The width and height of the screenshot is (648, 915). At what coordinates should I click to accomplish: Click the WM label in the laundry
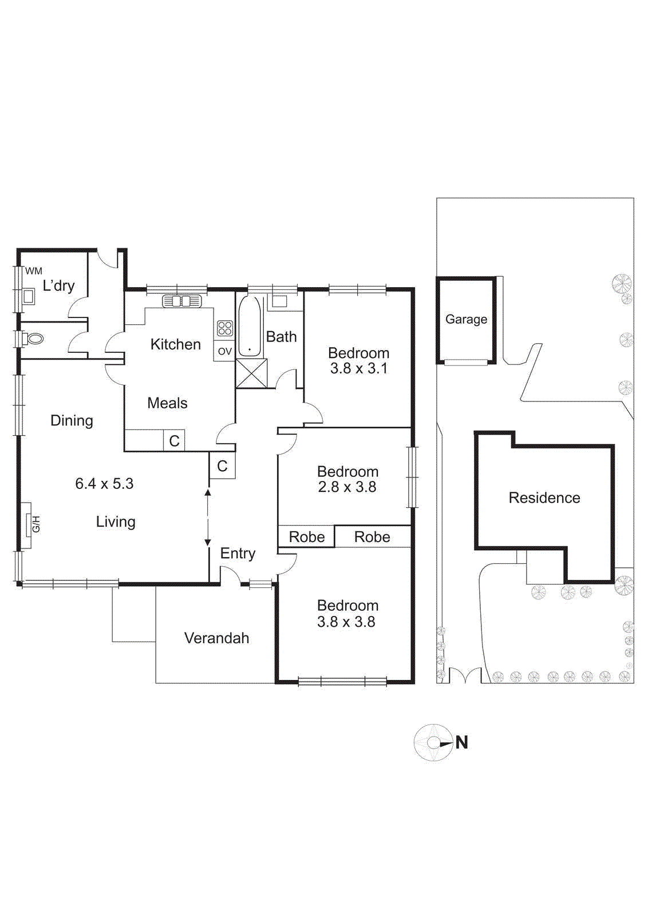coord(34,271)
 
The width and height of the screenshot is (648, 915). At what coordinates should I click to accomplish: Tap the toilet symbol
coord(33,339)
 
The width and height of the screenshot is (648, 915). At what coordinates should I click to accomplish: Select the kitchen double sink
coord(181,301)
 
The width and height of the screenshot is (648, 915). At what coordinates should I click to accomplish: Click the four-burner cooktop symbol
coord(225,328)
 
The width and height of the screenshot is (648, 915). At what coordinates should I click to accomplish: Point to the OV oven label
coord(225,351)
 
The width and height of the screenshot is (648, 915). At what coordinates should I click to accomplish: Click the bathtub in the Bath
coord(249,327)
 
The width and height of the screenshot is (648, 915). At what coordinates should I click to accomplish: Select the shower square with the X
coord(251,373)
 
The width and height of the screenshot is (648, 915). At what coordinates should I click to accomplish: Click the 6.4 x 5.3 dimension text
coord(104,484)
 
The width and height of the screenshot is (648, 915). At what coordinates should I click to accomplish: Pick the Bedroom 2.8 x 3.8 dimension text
coord(347,487)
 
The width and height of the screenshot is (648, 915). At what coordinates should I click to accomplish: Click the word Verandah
coord(216,638)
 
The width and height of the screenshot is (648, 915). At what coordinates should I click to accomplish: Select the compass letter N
coord(462,743)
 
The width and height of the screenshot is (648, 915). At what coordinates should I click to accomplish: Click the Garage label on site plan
coord(466,320)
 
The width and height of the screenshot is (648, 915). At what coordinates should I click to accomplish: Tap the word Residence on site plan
coord(544,498)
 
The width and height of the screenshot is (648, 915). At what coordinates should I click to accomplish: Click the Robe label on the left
coord(307,537)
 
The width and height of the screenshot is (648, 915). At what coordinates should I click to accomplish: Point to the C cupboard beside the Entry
coord(222,466)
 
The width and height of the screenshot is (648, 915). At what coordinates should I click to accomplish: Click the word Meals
coord(167,403)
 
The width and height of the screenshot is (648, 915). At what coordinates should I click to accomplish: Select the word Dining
coord(72,421)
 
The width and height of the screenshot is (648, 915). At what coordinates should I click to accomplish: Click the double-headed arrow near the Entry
coord(208,517)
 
